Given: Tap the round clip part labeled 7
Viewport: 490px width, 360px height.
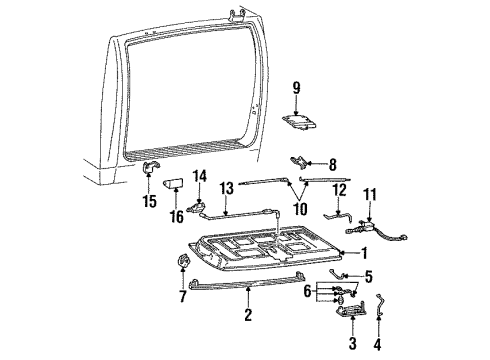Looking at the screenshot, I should pos(183,263).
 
